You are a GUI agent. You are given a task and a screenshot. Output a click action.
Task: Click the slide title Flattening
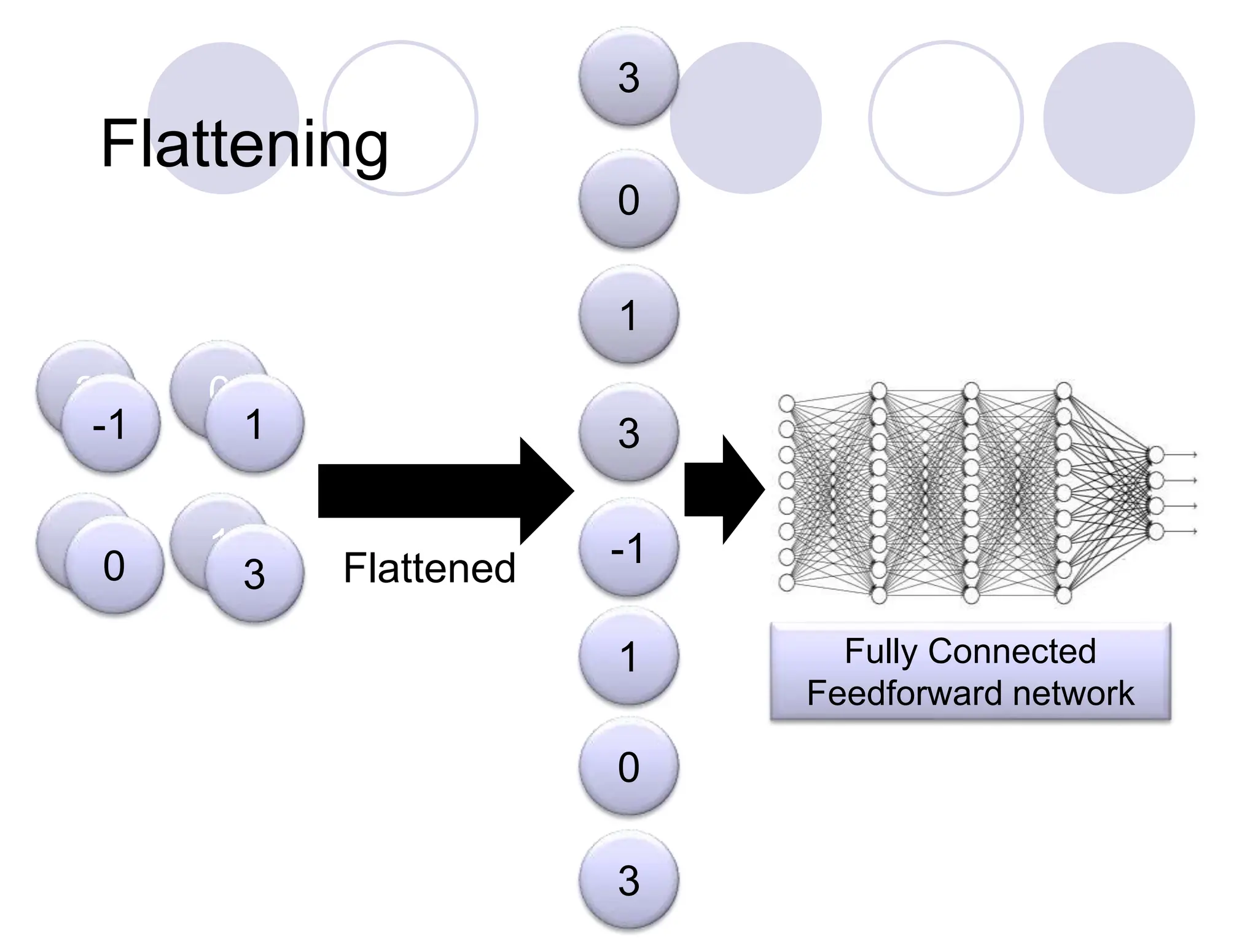(x=244, y=144)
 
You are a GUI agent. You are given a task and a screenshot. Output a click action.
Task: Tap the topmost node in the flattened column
(x=628, y=77)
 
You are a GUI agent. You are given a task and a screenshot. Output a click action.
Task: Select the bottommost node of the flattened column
(x=628, y=879)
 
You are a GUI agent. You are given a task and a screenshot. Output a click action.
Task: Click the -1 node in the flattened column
(x=628, y=547)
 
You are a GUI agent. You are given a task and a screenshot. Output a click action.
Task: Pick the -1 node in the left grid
(x=111, y=424)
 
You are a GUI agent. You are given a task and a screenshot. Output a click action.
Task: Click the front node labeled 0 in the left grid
(x=114, y=565)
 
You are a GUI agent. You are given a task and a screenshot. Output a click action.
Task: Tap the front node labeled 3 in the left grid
(x=254, y=573)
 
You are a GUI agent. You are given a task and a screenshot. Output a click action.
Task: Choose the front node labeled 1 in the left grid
(x=254, y=424)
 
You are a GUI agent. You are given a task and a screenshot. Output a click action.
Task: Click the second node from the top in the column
(x=628, y=199)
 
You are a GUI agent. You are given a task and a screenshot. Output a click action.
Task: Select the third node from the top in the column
(x=628, y=315)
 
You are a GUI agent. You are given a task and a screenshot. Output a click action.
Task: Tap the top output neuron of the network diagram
(x=1156, y=455)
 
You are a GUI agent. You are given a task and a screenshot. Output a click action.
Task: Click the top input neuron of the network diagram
(x=787, y=403)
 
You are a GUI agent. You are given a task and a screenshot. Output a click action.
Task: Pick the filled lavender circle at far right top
(x=1119, y=117)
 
